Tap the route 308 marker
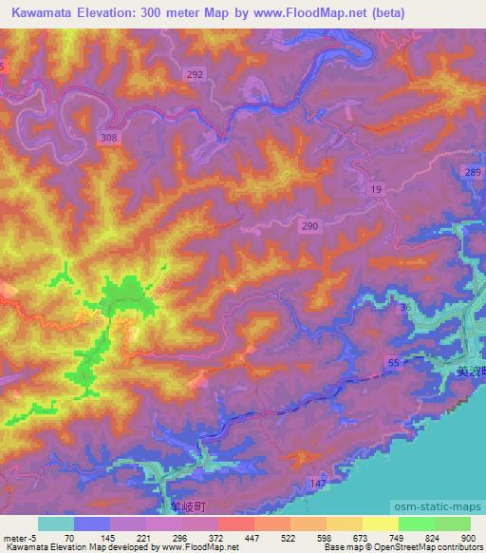point(109,139)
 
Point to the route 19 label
point(378,191)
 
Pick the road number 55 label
point(393,364)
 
